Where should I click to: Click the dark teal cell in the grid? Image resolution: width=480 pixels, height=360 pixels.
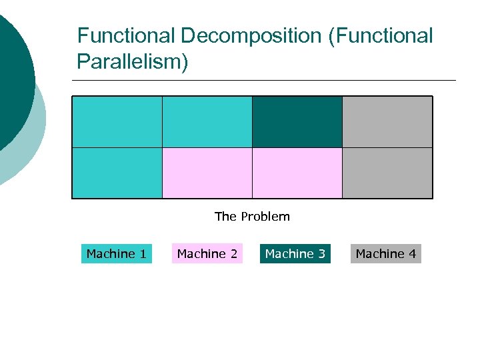pos(297,121)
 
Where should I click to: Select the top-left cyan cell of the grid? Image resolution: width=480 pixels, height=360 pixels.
pos(117,121)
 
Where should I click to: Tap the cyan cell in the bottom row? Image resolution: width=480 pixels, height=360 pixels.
pos(117,173)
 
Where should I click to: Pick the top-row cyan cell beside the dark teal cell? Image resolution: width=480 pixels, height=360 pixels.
pos(207,121)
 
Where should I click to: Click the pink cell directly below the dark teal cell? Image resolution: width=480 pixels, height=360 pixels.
pos(297,173)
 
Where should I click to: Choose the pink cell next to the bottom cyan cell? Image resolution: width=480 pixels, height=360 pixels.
pos(207,173)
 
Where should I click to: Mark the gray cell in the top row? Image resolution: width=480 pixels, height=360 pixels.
pos(387,121)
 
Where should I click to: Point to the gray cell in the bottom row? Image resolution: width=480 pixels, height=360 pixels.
pos(387,173)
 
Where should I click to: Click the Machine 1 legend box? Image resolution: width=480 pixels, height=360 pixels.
pos(117,254)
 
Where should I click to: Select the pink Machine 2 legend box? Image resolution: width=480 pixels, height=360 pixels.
pos(207,254)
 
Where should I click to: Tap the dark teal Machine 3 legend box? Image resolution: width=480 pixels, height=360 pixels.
pos(295,254)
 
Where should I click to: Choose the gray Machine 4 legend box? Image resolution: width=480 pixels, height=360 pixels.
pos(386,254)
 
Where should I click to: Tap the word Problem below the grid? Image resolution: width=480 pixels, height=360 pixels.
pos(265,217)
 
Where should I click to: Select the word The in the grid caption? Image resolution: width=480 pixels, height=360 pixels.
pos(225,217)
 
